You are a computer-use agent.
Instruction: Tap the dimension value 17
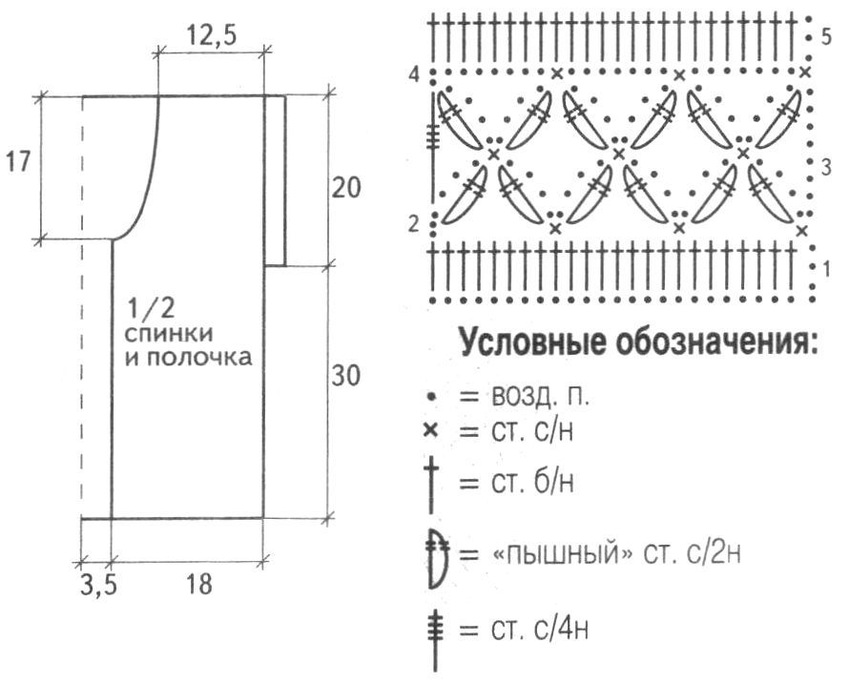17,161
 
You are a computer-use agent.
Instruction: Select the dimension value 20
348,187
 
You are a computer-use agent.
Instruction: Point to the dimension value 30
347,376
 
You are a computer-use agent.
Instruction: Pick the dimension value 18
198,584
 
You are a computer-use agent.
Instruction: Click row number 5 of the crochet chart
825,37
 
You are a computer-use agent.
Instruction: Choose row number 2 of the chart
413,224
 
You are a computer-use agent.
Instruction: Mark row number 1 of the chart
825,266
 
